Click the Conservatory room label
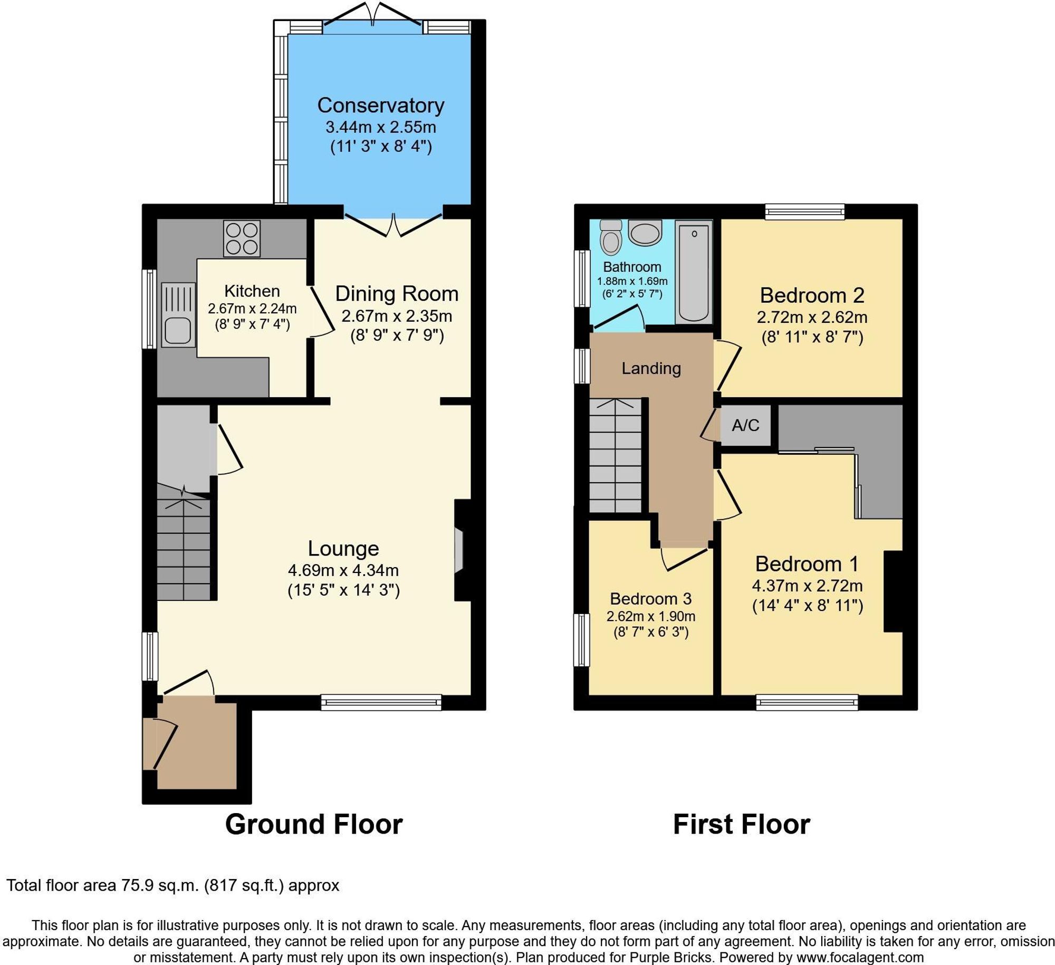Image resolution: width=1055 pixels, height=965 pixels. click(380, 106)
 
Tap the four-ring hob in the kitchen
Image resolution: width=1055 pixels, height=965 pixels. click(242, 238)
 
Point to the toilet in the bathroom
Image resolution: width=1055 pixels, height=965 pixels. click(611, 237)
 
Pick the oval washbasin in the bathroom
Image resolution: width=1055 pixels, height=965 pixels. click(645, 232)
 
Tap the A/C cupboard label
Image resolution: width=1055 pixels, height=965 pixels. click(745, 425)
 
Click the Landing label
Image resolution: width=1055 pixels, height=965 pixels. click(651, 368)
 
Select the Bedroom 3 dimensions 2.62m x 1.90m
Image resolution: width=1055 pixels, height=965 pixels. click(650, 616)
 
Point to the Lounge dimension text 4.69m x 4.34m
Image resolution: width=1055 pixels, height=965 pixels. click(343, 570)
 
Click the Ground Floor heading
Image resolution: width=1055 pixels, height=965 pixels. click(314, 824)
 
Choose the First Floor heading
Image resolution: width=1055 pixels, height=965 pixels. click(741, 824)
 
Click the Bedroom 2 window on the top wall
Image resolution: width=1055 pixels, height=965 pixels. click(805, 212)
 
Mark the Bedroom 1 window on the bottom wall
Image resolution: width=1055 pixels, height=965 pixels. click(807, 702)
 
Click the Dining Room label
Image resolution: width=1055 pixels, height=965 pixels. click(397, 294)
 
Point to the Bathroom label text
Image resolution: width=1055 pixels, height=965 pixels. click(632, 267)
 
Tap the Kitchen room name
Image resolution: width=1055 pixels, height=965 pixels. click(252, 291)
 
